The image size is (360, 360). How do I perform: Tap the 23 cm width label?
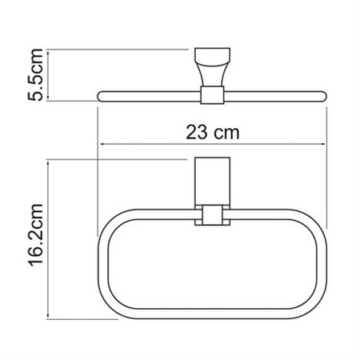[x=212, y=131]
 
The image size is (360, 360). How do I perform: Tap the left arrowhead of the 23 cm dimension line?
[x=102, y=145]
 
